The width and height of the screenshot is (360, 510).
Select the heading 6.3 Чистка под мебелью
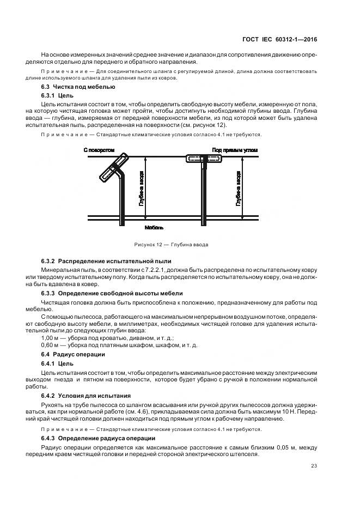[x=78, y=87]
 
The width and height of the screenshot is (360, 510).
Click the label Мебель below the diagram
[x=154, y=227]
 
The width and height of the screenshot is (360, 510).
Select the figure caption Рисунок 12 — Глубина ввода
[x=171, y=245]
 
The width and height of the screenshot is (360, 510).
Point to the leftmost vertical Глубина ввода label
[x=141, y=188]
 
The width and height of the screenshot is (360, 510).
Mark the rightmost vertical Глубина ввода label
[x=239, y=188]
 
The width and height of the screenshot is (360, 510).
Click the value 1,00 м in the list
[x=51, y=339]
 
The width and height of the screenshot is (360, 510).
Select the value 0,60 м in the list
[x=51, y=345]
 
